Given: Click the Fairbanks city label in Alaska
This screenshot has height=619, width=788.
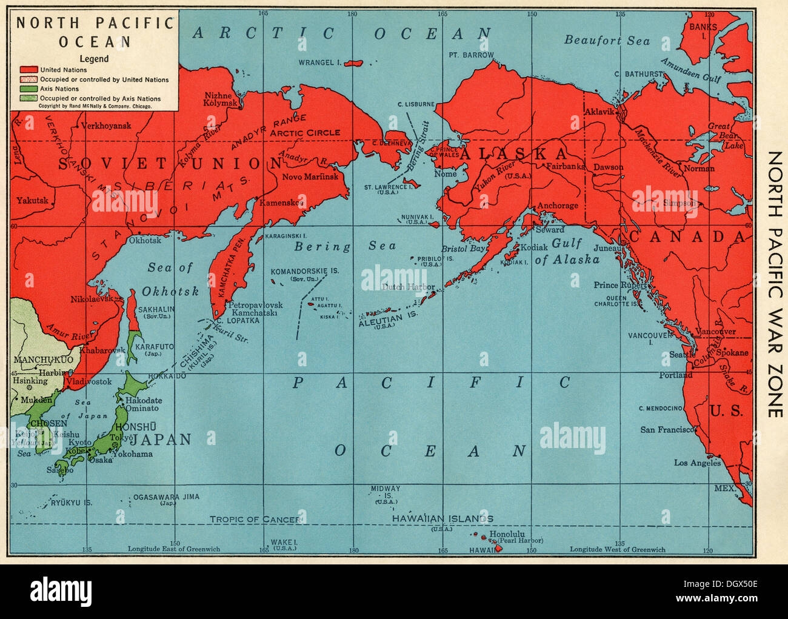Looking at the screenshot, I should [x=565, y=166].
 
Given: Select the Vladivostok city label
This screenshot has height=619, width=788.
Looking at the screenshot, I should [x=89, y=381].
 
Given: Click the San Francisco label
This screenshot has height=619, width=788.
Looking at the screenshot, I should [x=667, y=430].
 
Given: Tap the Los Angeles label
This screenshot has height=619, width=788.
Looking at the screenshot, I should [x=697, y=463].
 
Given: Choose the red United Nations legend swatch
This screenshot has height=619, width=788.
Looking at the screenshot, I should [x=28, y=70].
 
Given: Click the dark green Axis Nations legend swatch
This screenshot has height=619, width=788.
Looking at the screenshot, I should [x=28, y=89].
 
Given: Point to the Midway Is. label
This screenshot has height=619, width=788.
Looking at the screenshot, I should [x=386, y=489].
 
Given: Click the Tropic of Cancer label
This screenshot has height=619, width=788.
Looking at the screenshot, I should [x=255, y=520].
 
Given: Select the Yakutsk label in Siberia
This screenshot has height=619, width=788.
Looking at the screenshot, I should [x=31, y=200].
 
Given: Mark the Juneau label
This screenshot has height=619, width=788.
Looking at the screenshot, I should [x=607, y=248].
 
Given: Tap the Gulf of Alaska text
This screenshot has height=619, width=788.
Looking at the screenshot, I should [x=567, y=252].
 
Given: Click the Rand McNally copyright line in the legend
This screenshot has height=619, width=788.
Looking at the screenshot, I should [x=95, y=105].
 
